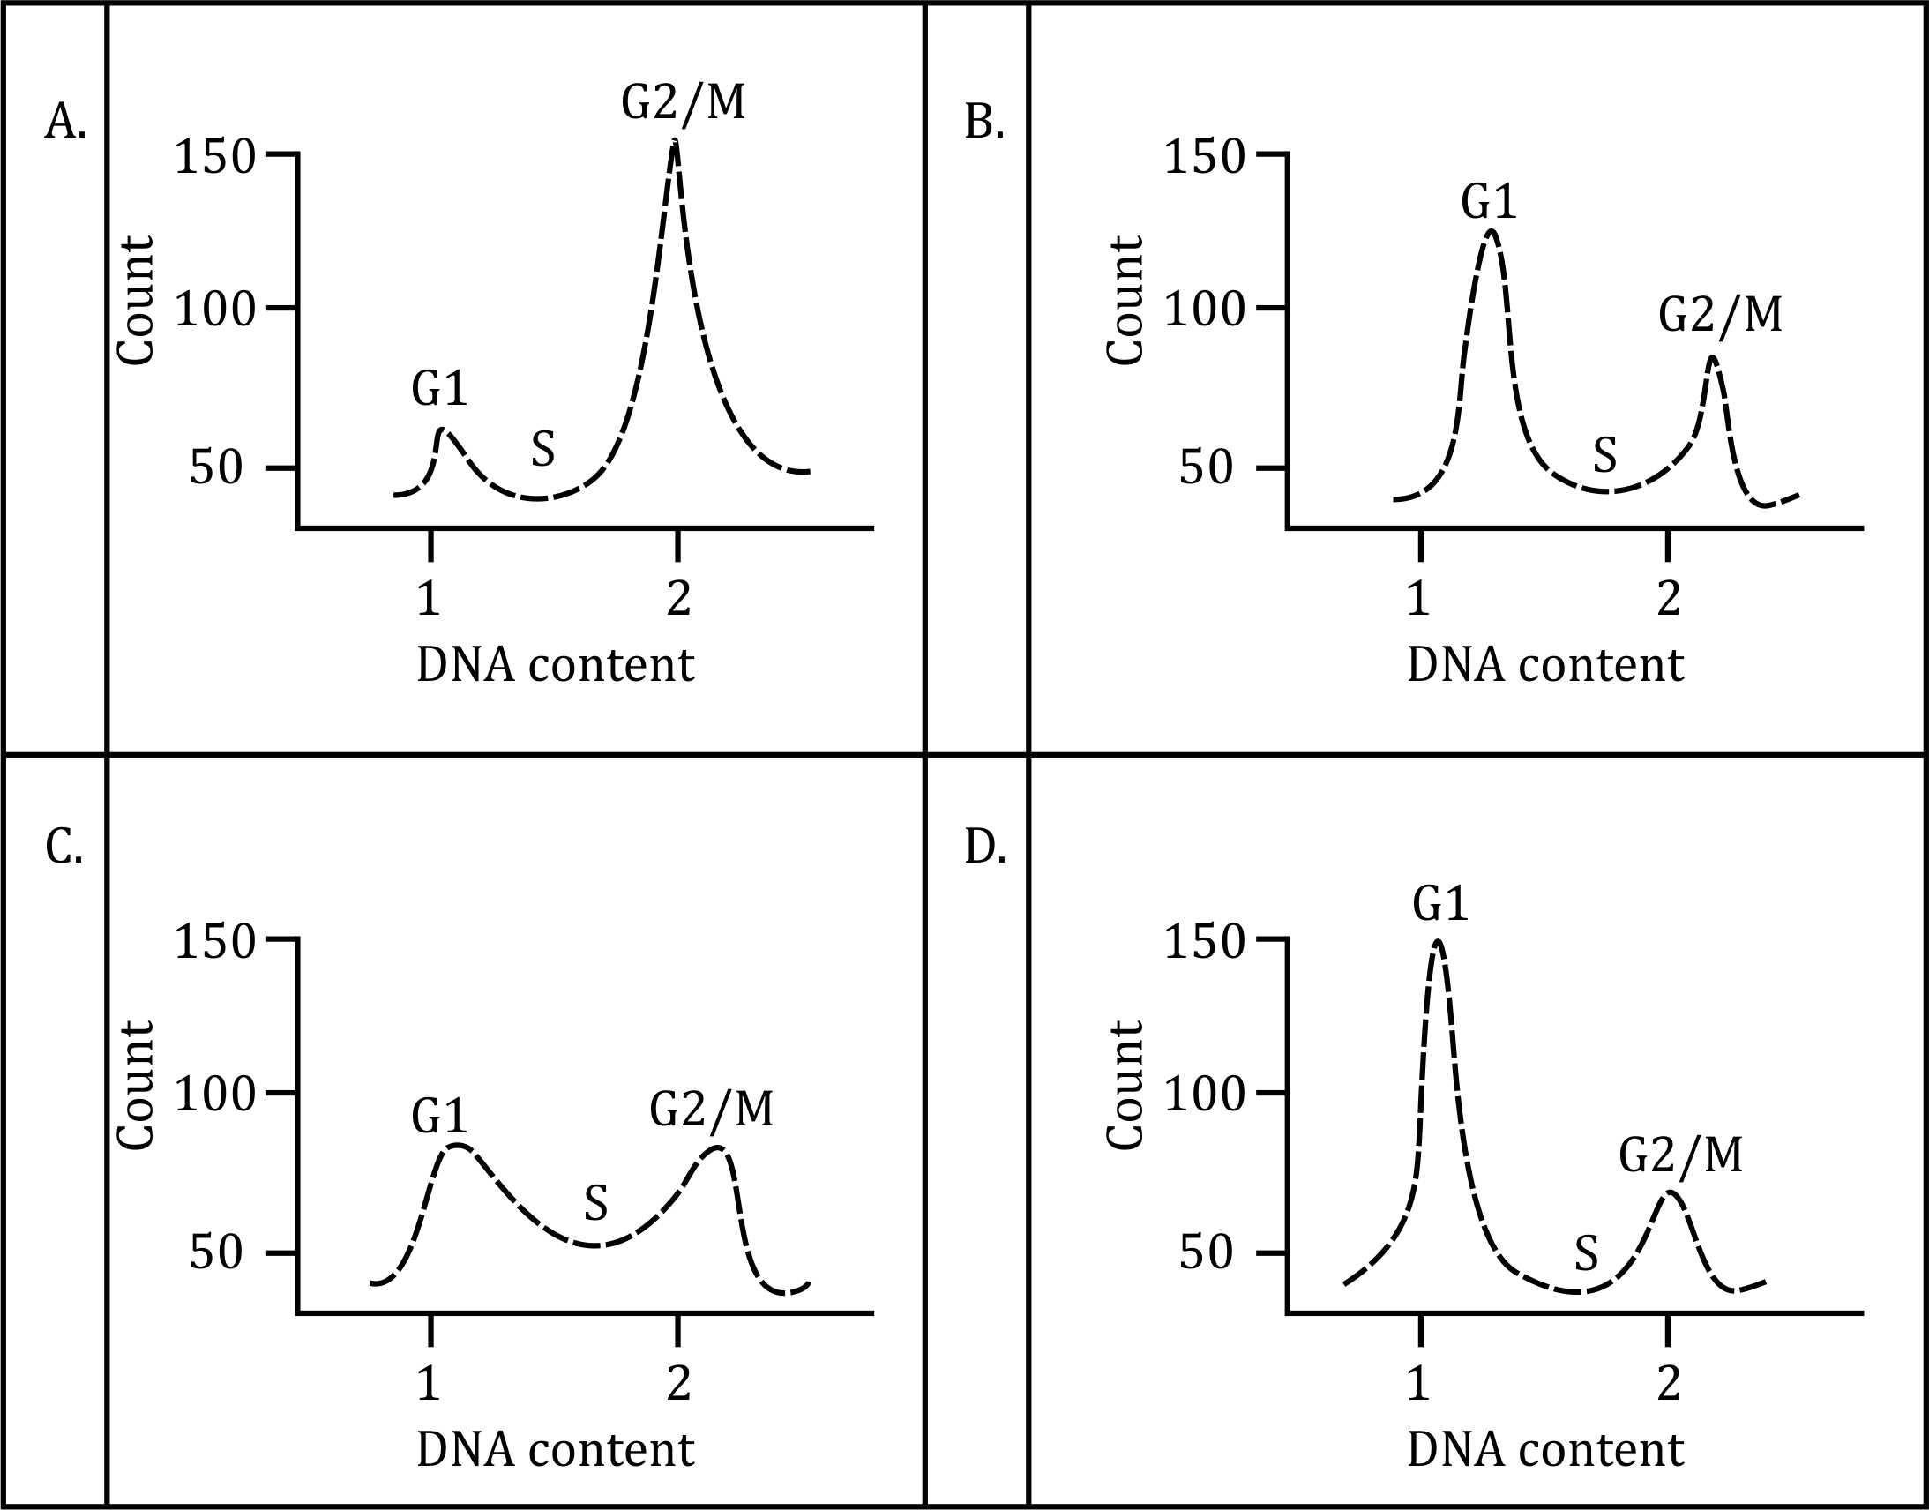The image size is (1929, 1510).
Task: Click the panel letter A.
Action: [64, 122]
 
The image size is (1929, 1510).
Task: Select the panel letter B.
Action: [984, 122]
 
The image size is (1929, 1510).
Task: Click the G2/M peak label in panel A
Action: [684, 101]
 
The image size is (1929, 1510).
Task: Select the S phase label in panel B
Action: [1604, 455]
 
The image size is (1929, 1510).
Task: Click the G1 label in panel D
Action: [1440, 904]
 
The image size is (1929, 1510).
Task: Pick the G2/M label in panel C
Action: [712, 1108]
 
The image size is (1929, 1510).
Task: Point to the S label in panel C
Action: [596, 1202]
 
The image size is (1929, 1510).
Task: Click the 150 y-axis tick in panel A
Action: [215, 156]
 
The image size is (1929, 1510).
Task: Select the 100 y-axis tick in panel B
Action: [1204, 310]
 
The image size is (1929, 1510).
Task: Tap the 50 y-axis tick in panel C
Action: [215, 1252]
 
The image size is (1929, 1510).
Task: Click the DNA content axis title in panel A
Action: [555, 665]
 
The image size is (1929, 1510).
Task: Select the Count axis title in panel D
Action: [1125, 1085]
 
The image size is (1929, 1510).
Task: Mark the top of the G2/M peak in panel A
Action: [676, 141]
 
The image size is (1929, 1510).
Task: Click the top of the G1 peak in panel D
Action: [1438, 941]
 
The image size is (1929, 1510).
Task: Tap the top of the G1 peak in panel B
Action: [1492, 231]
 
